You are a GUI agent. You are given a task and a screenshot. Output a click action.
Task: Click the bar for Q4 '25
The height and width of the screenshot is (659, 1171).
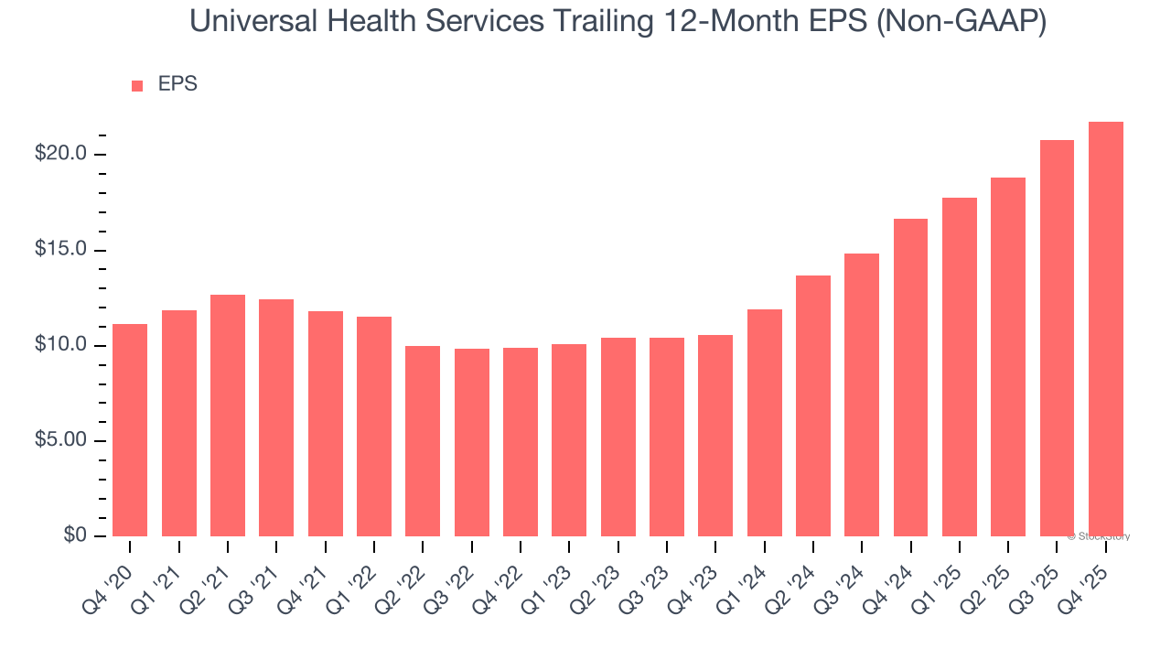(x=1105, y=329)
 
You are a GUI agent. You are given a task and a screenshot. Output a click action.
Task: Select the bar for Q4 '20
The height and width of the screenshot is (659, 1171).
(x=130, y=430)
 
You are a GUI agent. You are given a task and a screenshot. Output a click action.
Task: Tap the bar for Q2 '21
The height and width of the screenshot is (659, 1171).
(x=228, y=416)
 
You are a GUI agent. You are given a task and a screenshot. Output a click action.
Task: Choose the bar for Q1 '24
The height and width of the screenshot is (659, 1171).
(x=764, y=423)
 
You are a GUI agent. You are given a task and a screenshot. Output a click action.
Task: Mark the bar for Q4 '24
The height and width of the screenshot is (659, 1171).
(x=910, y=377)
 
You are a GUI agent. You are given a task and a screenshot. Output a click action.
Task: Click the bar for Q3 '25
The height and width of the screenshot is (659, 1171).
(x=1057, y=339)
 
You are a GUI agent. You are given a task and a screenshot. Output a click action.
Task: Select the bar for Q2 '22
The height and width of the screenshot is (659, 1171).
(x=423, y=441)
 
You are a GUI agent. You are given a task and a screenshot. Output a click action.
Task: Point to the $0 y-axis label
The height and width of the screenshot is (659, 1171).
(x=75, y=535)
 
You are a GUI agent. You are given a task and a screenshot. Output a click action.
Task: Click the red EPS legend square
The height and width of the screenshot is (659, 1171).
(x=137, y=86)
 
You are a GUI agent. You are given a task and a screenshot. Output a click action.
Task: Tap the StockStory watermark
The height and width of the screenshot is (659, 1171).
(x=1098, y=536)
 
